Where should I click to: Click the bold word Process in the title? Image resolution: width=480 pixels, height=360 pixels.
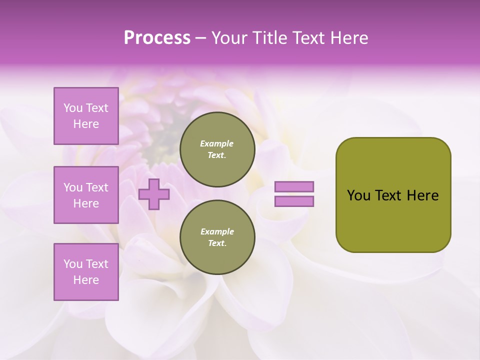tap(157, 38)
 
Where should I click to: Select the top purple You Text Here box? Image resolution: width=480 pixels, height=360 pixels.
tap(86, 116)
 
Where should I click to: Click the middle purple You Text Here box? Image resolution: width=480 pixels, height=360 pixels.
tap(86, 195)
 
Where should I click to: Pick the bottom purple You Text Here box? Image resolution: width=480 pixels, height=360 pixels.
tap(86, 272)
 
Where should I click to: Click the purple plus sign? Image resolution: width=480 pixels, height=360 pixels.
tap(154, 194)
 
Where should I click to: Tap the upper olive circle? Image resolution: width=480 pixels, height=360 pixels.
tap(217, 149)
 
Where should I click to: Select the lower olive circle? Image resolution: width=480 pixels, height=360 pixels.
tap(217, 237)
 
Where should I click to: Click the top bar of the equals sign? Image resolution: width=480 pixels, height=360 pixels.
tap(294, 187)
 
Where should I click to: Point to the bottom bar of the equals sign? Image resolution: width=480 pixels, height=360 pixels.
tap(294, 201)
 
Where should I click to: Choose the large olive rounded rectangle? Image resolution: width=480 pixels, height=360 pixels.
tap(393, 194)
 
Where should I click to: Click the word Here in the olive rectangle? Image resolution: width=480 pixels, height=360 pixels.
tap(422, 195)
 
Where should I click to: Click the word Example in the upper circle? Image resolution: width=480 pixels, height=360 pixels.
tap(217, 143)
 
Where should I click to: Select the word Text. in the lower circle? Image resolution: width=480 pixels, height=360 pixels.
tap(217, 243)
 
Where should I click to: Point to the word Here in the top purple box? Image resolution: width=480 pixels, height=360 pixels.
tap(86, 124)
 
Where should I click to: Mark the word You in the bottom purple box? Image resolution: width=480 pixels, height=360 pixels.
tap(73, 264)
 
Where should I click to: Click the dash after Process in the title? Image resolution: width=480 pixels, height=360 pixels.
tap(201, 38)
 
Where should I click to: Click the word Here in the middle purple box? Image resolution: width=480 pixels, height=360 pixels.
tap(86, 203)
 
